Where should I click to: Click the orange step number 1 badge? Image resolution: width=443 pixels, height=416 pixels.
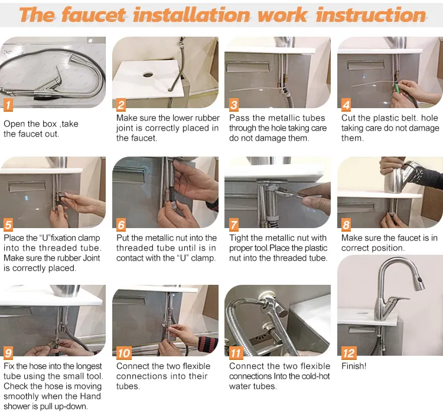(8, 106)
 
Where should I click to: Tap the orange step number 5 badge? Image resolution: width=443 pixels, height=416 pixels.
(8, 225)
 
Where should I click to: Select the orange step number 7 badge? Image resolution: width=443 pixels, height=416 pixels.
(234, 225)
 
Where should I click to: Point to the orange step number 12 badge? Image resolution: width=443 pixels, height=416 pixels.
(349, 353)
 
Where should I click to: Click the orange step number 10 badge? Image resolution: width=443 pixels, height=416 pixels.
(123, 353)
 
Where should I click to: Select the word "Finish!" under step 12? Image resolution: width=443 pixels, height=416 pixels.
(354, 366)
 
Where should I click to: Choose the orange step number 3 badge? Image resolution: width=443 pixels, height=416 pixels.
(234, 106)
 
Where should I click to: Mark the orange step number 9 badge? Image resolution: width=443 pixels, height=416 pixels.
(8, 353)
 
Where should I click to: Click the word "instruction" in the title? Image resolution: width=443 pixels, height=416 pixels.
(370, 15)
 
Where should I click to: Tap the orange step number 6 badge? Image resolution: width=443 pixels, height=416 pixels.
(121, 225)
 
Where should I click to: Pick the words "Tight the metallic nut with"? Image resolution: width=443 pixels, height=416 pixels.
(278, 238)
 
